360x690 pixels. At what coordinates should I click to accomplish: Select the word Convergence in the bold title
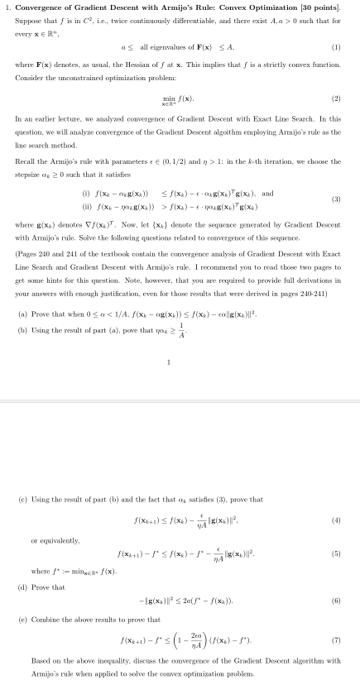click(46, 7)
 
